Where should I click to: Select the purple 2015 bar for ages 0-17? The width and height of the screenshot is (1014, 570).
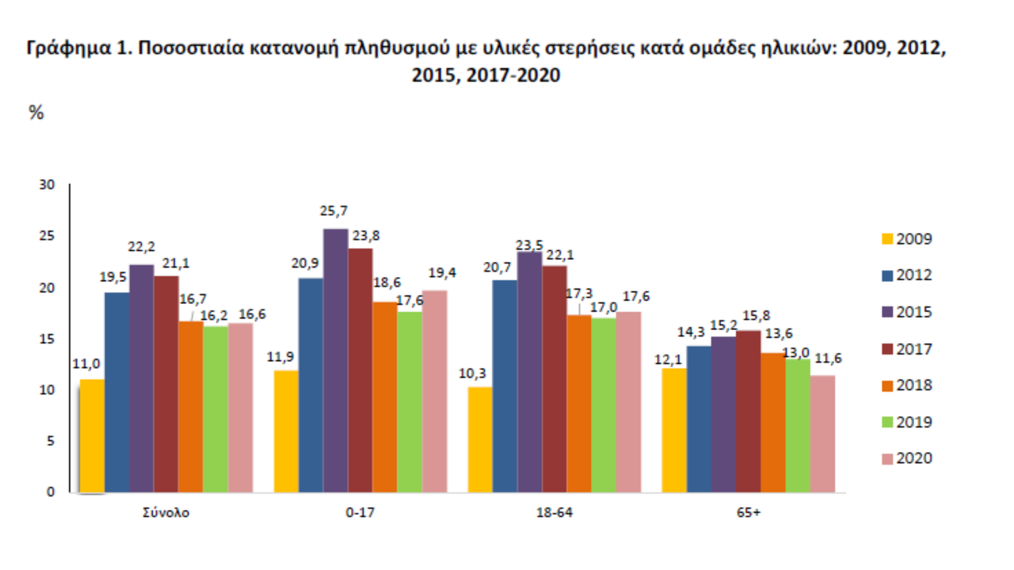(x=335, y=360)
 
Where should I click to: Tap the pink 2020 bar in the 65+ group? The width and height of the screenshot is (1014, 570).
(x=822, y=433)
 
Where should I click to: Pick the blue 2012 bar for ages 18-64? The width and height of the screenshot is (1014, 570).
(x=505, y=386)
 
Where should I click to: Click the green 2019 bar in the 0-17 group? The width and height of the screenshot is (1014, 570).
(x=410, y=401)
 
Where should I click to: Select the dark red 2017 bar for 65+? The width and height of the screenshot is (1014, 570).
(x=749, y=411)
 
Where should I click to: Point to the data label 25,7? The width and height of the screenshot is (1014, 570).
(x=334, y=211)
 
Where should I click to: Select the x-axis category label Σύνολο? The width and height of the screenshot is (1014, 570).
(x=166, y=512)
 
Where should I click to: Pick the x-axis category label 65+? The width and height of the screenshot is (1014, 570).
(x=748, y=512)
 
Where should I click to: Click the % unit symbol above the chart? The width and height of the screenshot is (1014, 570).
(x=36, y=113)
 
